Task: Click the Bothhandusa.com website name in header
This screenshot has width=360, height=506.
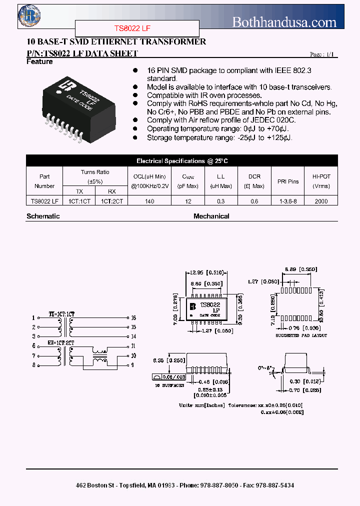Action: tap(284, 21)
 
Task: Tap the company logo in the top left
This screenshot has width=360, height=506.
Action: tap(29, 16)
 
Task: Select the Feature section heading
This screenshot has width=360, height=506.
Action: tap(39, 61)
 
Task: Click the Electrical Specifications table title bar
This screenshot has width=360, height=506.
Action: tap(182, 161)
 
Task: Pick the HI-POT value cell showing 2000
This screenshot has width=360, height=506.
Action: tap(321, 201)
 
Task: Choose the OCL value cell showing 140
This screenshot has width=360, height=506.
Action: tap(150, 201)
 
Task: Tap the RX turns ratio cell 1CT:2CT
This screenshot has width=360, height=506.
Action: tap(111, 201)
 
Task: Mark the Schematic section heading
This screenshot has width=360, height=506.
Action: tap(43, 216)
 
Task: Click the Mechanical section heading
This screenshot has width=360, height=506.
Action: tap(211, 216)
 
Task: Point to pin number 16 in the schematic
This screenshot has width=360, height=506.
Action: tap(133, 317)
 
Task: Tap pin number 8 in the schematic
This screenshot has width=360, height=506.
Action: tap(33, 365)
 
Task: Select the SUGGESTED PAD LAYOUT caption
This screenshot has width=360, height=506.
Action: tap(301, 335)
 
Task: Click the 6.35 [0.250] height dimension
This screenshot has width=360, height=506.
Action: tap(163, 360)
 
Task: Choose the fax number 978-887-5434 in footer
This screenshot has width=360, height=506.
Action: tap(274, 485)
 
